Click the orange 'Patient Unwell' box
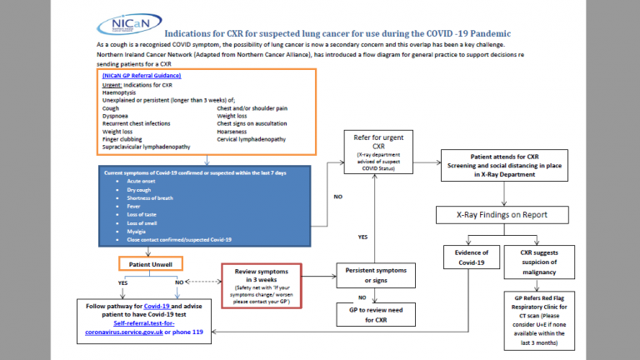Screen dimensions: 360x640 pos(149,264)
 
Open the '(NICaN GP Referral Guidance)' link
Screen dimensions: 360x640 pos(147,76)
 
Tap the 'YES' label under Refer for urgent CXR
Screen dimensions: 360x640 pos(363,236)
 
